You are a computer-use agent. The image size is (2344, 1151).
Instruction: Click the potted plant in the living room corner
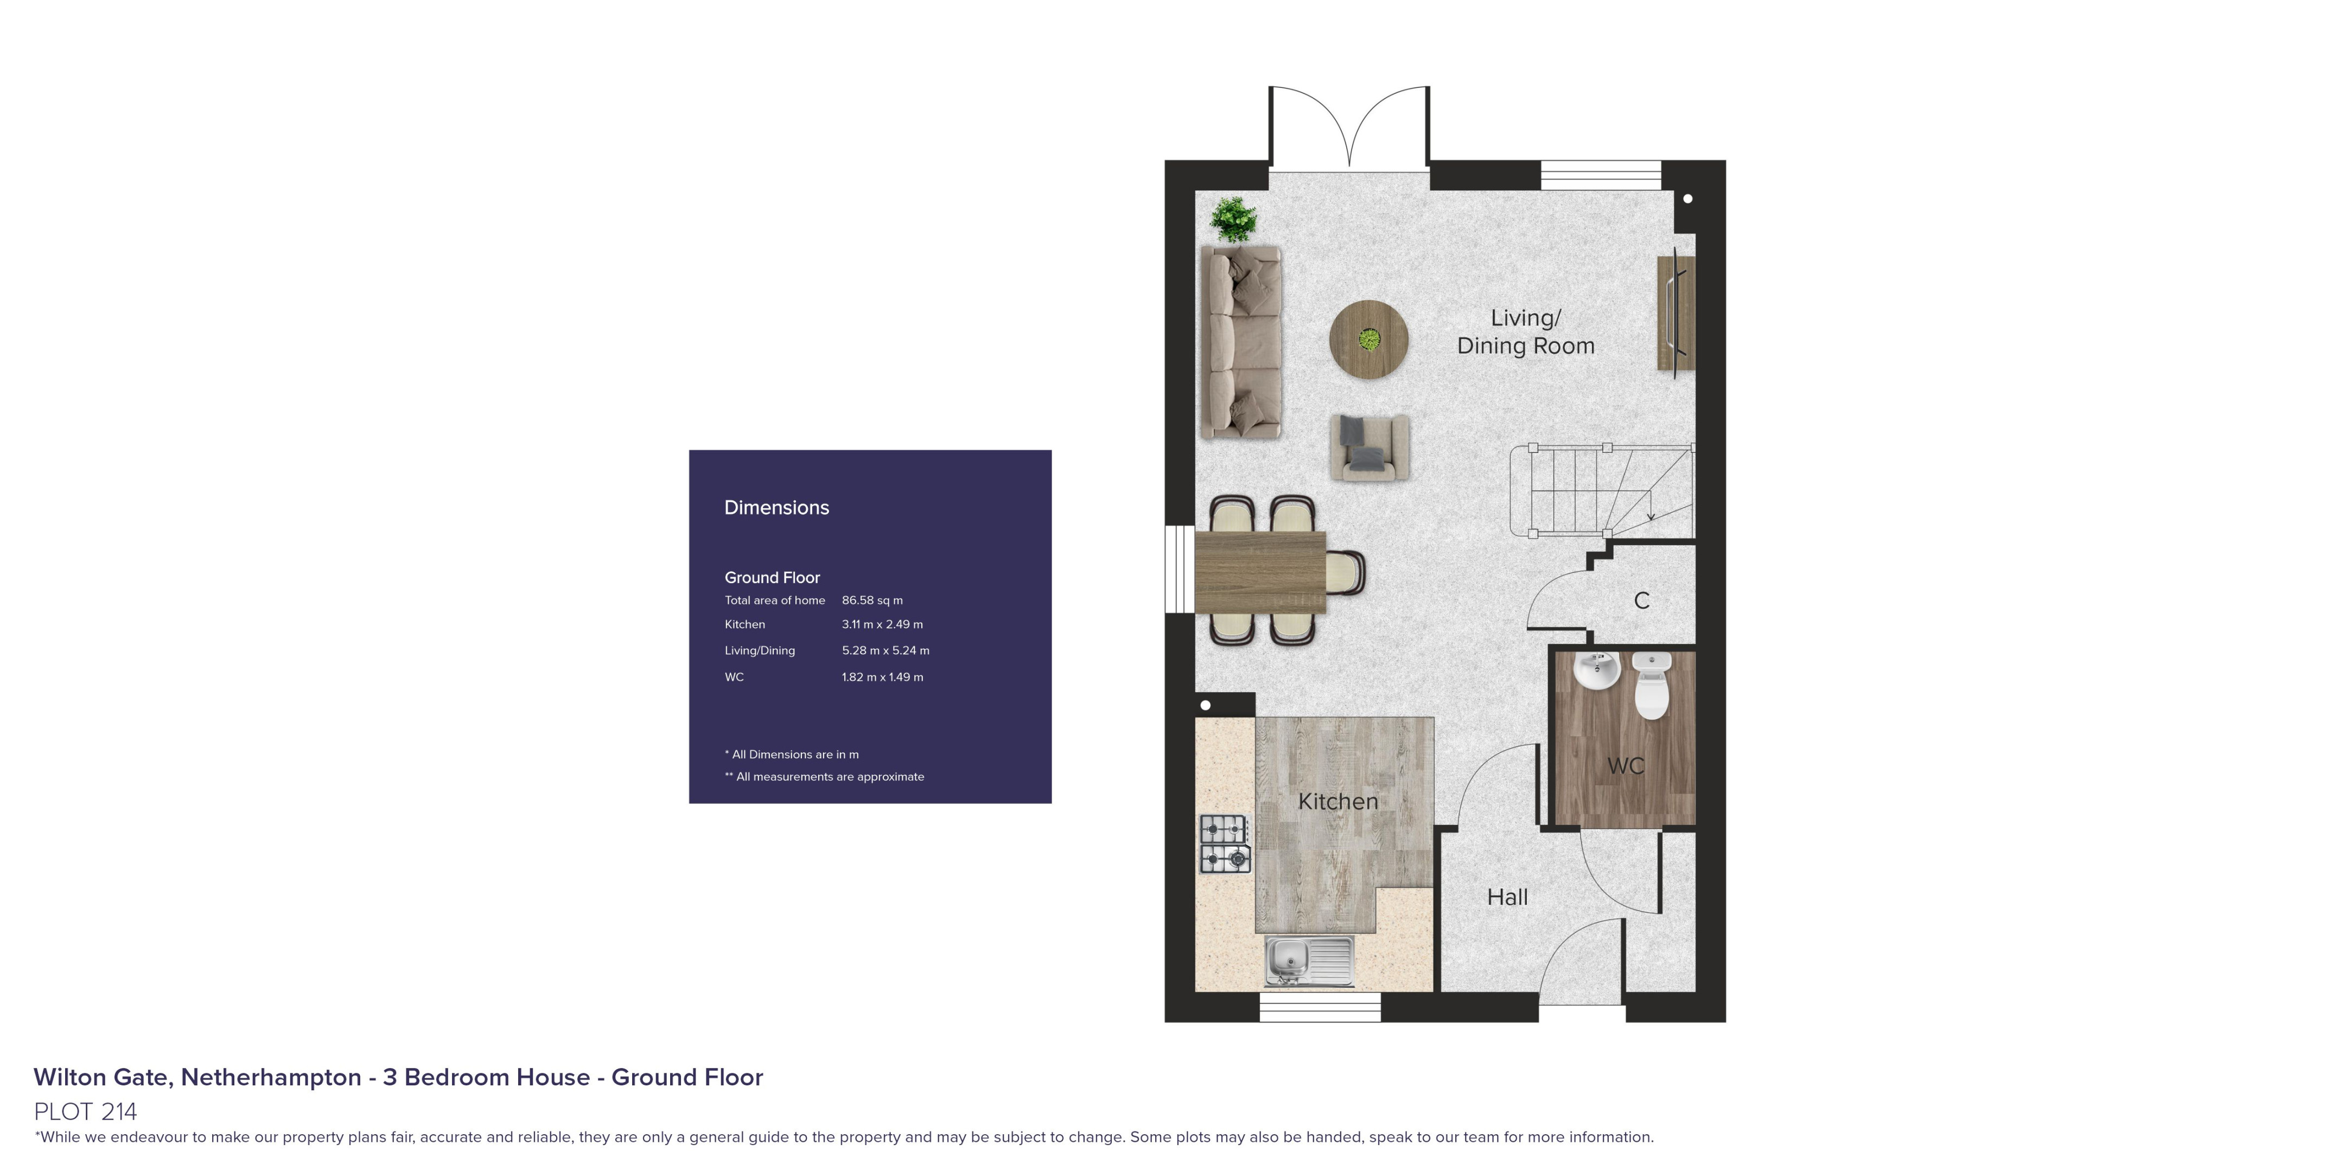pos(1233,219)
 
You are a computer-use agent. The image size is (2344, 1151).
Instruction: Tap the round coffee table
pos(1368,340)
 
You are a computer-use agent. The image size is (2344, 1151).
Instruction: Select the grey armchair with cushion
pos(1370,447)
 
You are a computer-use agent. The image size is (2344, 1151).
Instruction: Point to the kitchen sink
pos(1309,960)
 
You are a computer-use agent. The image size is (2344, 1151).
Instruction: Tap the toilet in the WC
pos(1652,685)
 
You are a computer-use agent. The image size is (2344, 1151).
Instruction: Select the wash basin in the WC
pos(1597,670)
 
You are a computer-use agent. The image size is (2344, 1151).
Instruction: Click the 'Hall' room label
pos(1507,897)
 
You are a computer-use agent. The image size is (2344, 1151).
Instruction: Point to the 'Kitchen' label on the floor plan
pos(1337,802)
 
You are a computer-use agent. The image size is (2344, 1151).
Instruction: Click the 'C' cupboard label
pos(1641,600)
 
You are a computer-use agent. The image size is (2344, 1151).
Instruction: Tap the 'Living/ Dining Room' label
pos(1526,332)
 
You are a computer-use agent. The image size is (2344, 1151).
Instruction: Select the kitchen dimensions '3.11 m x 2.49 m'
pos(882,624)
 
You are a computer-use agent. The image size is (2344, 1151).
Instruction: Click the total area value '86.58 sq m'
pos(872,600)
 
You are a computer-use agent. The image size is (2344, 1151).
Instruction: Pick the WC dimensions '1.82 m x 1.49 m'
pos(882,677)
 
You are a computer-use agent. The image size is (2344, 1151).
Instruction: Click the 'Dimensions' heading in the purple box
pos(776,508)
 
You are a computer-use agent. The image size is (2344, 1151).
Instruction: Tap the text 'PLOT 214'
pos(86,1112)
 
